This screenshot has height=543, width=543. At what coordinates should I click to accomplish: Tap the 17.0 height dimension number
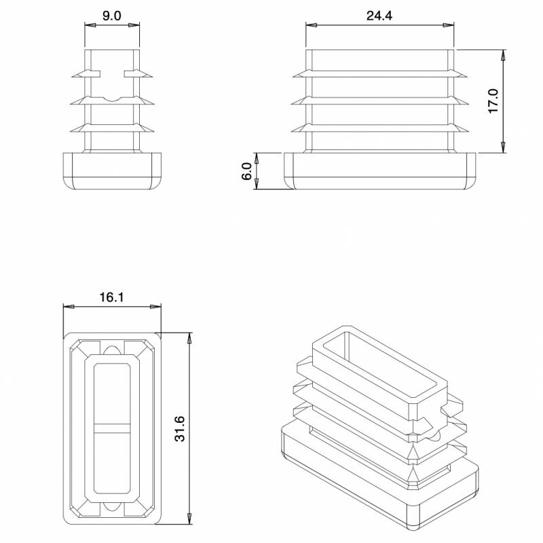[493, 101]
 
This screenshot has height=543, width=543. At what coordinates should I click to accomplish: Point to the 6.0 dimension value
[247, 170]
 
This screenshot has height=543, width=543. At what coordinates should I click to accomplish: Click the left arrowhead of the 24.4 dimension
[310, 26]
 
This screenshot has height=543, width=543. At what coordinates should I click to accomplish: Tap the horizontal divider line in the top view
[112, 428]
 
